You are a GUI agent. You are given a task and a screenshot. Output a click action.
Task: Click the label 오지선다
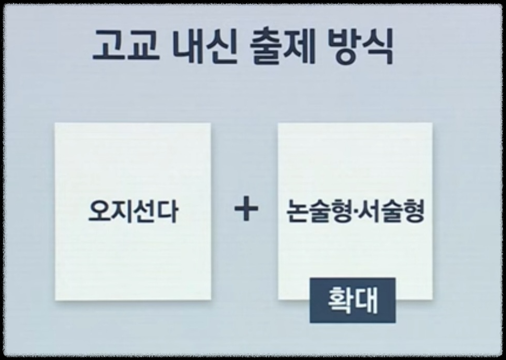pos(133,212)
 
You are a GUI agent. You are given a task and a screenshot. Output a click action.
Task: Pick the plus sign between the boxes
pos(246,210)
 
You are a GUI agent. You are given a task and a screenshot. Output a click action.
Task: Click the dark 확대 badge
pos(352,301)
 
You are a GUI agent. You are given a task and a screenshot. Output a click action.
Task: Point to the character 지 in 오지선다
pos(122,212)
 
